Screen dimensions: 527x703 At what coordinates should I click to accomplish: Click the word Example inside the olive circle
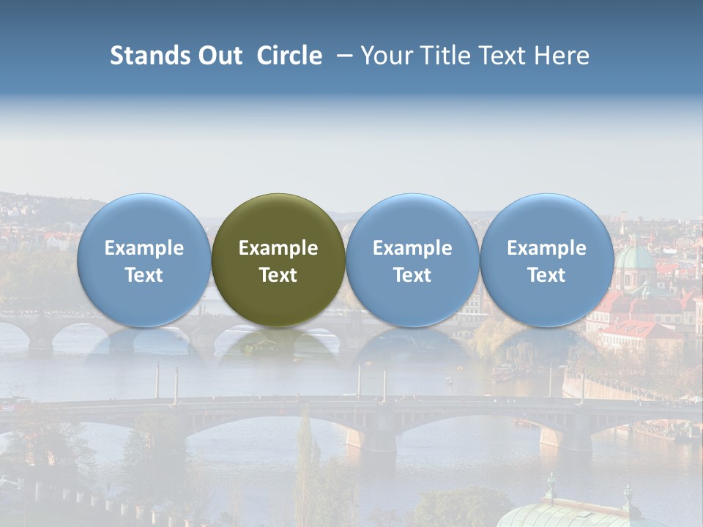(x=278, y=248)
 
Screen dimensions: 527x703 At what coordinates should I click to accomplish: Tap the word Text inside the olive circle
(x=278, y=275)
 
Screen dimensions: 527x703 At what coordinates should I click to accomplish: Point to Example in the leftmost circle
(x=144, y=248)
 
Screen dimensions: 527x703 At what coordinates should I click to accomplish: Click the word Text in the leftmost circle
(x=144, y=275)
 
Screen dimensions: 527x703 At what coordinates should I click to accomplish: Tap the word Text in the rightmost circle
(x=547, y=275)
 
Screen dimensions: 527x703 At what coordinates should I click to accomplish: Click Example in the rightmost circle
(x=547, y=248)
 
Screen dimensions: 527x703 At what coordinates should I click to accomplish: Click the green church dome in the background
(x=634, y=260)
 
